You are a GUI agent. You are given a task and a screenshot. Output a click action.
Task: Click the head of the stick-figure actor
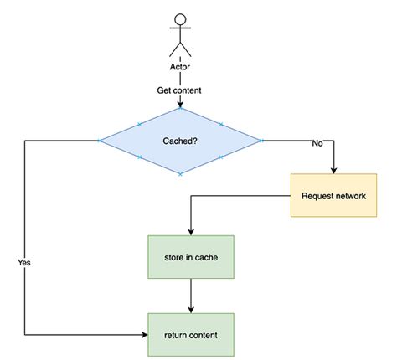point(180,18)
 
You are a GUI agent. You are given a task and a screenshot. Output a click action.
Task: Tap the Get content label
point(180,90)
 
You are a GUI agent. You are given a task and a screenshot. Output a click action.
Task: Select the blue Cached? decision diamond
point(180,141)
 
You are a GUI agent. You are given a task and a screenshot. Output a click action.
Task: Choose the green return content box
point(193,335)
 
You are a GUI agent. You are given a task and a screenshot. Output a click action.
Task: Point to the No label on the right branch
point(317,143)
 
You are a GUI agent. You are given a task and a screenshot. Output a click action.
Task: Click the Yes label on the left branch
point(24,262)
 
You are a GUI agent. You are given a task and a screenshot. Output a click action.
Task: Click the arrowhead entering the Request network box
point(333,170)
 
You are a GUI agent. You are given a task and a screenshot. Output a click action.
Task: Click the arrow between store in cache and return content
point(193,296)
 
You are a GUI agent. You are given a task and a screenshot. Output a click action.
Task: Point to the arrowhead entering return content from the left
point(143,335)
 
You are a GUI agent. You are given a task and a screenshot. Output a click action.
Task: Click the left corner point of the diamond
point(100,141)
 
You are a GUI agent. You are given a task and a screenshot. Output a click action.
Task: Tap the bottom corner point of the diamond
point(180,174)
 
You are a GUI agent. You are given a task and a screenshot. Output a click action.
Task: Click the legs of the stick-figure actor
point(180,49)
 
